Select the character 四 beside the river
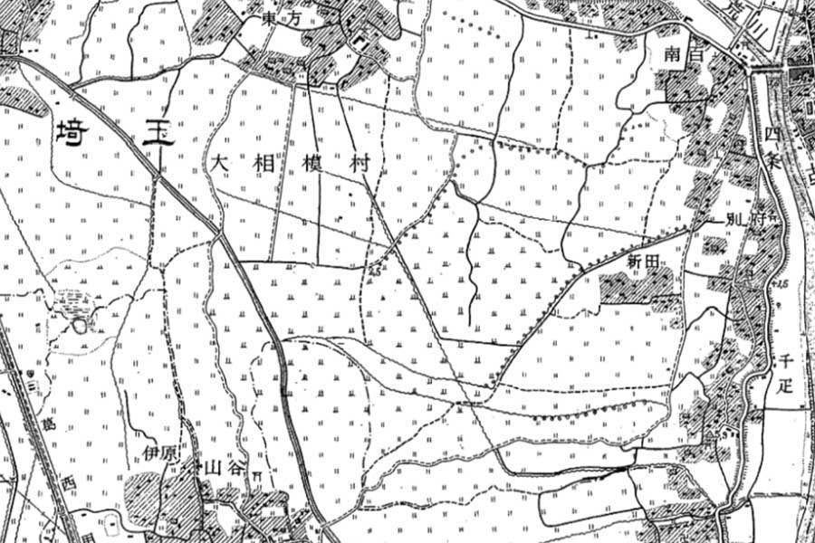click(x=771, y=133)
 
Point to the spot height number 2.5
click(x=374, y=270)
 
